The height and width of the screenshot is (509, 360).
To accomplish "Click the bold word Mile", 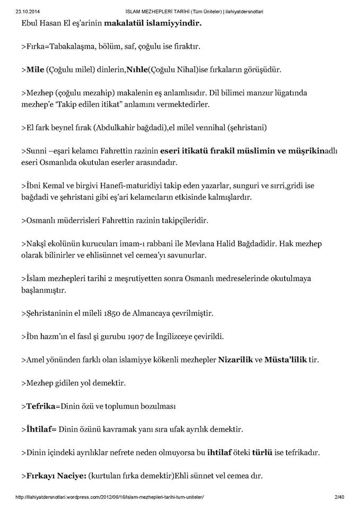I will (x=34, y=69).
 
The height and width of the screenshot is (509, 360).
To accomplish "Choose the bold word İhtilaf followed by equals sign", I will (x=41, y=429).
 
